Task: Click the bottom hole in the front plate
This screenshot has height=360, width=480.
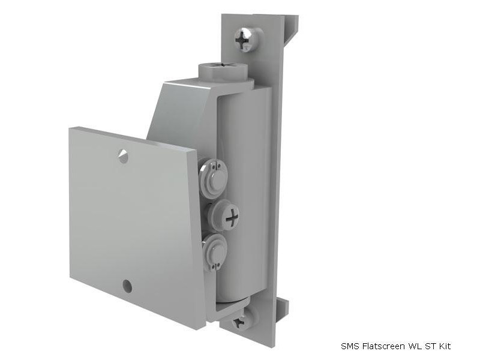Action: click(127, 286)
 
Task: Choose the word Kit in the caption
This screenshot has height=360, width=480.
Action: click(443, 346)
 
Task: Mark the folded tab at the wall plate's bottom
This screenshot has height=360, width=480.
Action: click(283, 307)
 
